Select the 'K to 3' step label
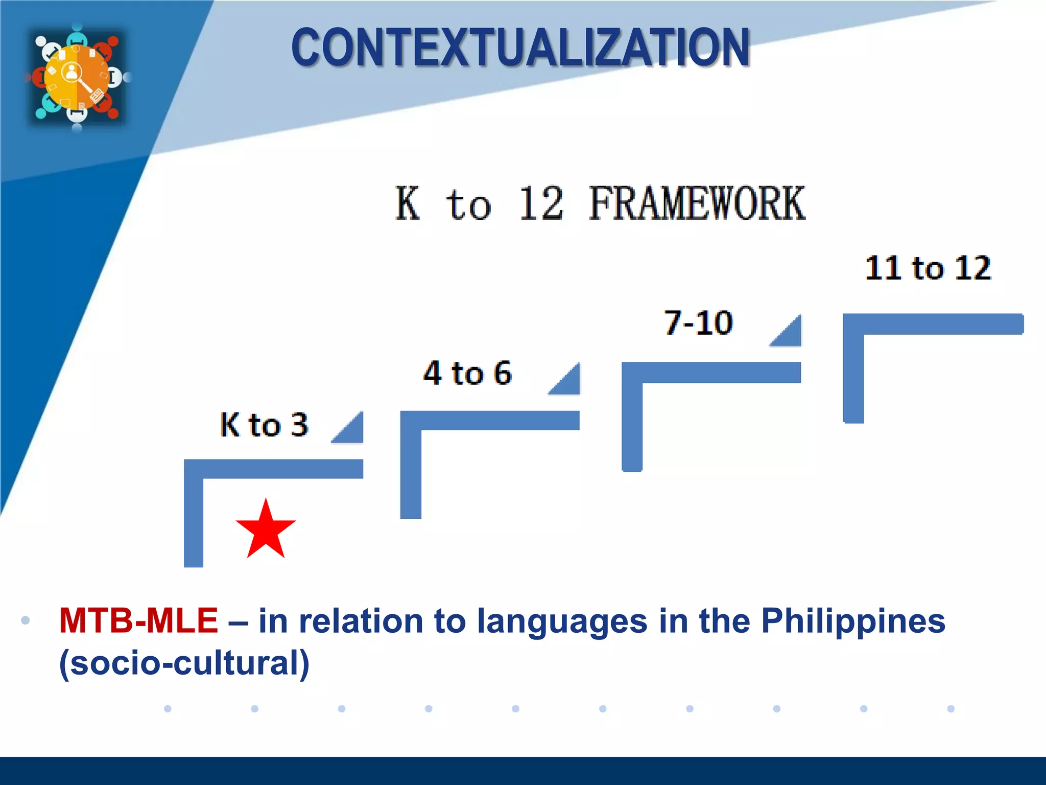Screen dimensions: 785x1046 [x=264, y=424]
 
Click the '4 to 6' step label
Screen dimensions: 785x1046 [x=467, y=373]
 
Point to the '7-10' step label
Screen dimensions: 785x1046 [x=698, y=323]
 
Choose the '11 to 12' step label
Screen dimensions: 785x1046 [x=928, y=268]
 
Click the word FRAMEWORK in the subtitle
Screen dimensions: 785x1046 [x=697, y=203]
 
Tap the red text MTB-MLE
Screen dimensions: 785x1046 [x=138, y=620]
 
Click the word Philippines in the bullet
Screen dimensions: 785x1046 [x=853, y=620]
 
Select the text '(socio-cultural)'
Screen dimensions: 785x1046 [x=184, y=662]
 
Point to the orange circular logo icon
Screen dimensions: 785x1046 [x=77, y=77]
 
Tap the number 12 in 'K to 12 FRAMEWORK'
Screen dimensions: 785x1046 [x=541, y=203]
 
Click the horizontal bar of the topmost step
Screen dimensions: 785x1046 [x=933, y=324]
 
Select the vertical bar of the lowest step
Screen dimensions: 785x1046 [x=194, y=516]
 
